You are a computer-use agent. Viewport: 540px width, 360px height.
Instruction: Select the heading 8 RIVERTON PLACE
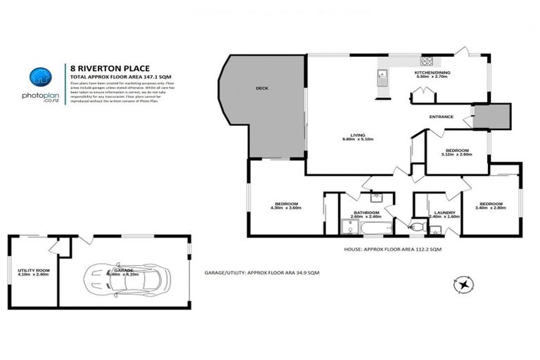pos(103,68)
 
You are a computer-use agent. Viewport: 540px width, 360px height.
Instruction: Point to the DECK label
pos(262,88)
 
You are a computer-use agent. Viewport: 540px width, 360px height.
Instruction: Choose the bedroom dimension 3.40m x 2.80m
pos(490,208)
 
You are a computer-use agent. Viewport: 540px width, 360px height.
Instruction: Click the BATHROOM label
pos(366,212)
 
